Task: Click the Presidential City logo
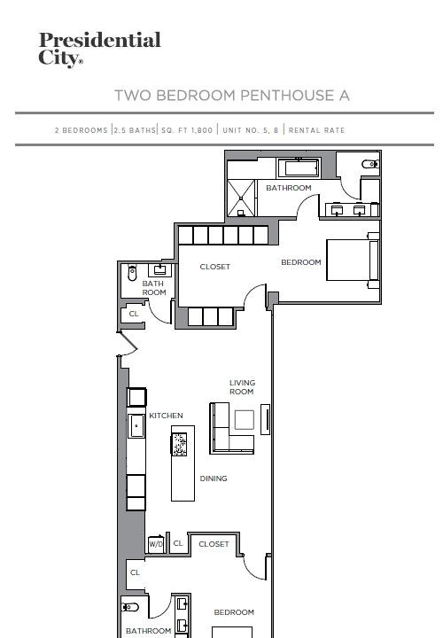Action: [100, 50]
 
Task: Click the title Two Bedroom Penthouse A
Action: [232, 95]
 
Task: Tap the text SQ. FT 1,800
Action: [187, 130]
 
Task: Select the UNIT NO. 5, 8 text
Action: [251, 130]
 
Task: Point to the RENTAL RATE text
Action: [317, 130]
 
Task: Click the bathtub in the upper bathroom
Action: [299, 168]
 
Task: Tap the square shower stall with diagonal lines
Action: [241, 198]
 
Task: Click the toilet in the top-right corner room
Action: [370, 164]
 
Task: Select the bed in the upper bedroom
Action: [354, 261]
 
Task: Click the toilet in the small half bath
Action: [132, 273]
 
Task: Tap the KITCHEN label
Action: [166, 416]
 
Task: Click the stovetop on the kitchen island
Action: [179, 444]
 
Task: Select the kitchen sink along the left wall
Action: [136, 425]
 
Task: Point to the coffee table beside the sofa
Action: [244, 419]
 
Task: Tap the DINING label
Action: [214, 478]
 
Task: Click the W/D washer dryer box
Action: [156, 543]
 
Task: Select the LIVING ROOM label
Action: [242, 387]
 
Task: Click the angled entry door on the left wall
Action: [128, 344]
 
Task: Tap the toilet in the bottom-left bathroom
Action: [129, 607]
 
